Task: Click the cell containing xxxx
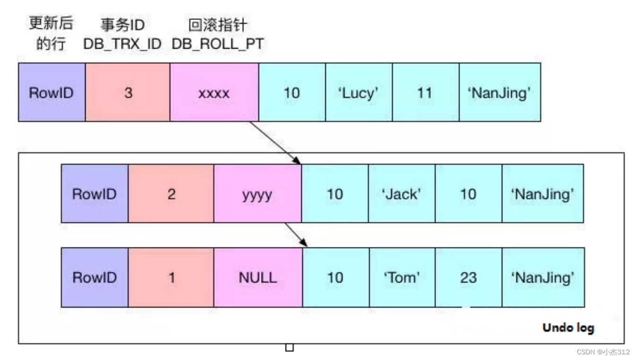point(214,93)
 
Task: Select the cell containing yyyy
point(257,194)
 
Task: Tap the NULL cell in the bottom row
point(258,277)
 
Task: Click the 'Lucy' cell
point(358,93)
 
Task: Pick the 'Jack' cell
point(401,194)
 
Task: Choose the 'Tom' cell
point(401,277)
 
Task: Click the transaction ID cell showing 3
point(128,93)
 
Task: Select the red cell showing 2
point(171,194)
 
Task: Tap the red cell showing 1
point(171,277)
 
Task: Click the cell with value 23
point(468,277)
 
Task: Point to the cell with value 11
point(425,93)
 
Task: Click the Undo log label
point(568,327)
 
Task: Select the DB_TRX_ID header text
point(122,44)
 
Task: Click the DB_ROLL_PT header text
point(218,44)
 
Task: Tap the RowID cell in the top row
point(52,93)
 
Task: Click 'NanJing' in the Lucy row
point(499,93)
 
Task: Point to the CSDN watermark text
point(603,352)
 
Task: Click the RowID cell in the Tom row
point(94,277)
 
